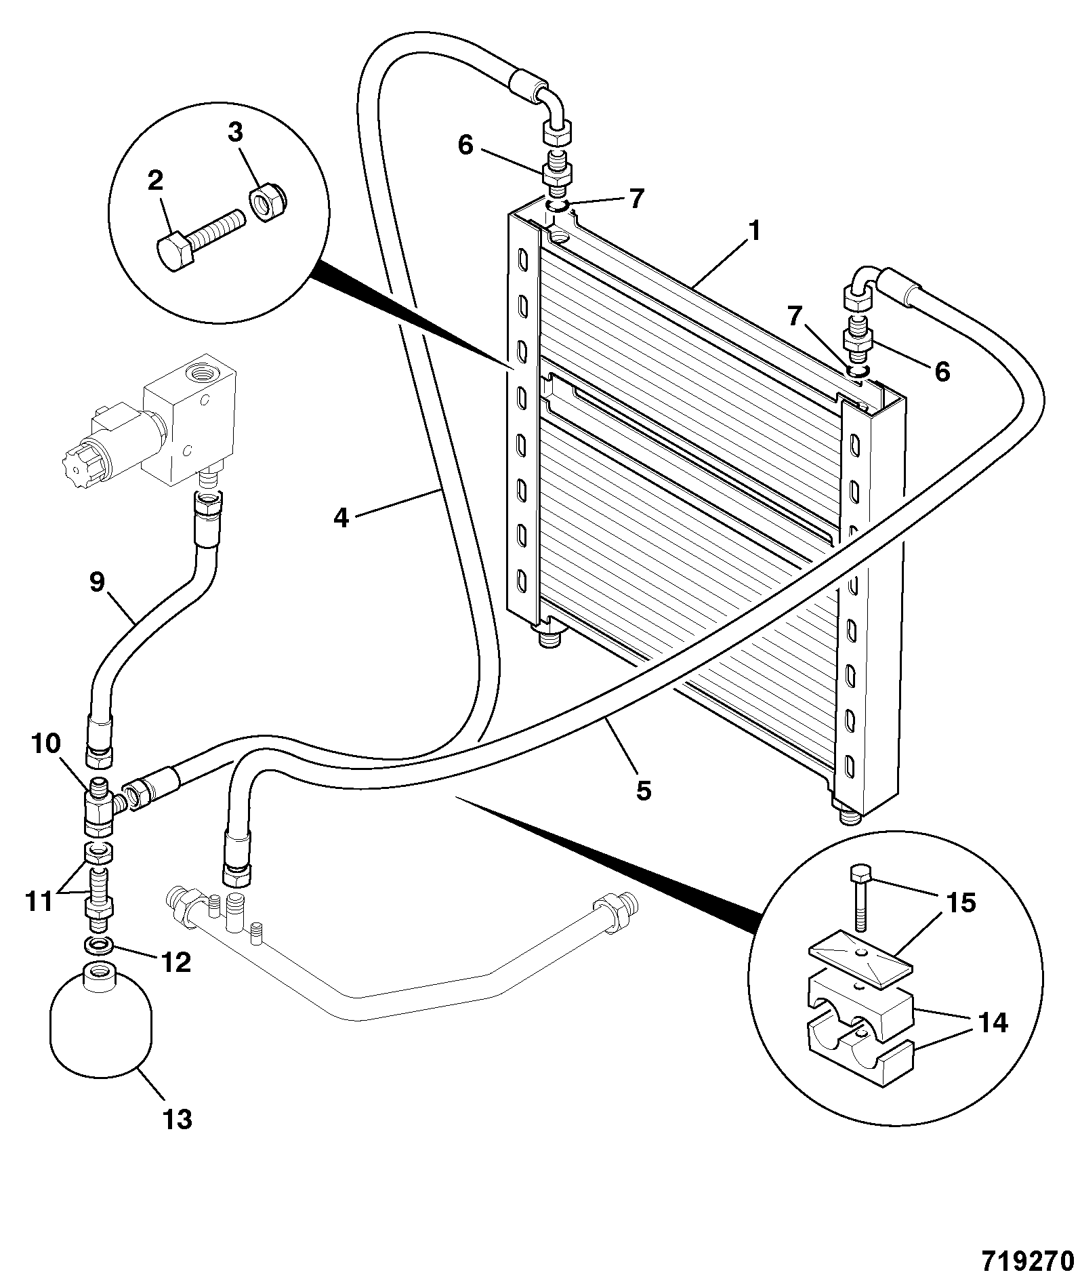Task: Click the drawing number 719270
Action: click(x=1028, y=1259)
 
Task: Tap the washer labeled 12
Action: click(x=100, y=944)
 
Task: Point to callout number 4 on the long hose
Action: click(x=341, y=518)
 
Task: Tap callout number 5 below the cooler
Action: click(x=643, y=790)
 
